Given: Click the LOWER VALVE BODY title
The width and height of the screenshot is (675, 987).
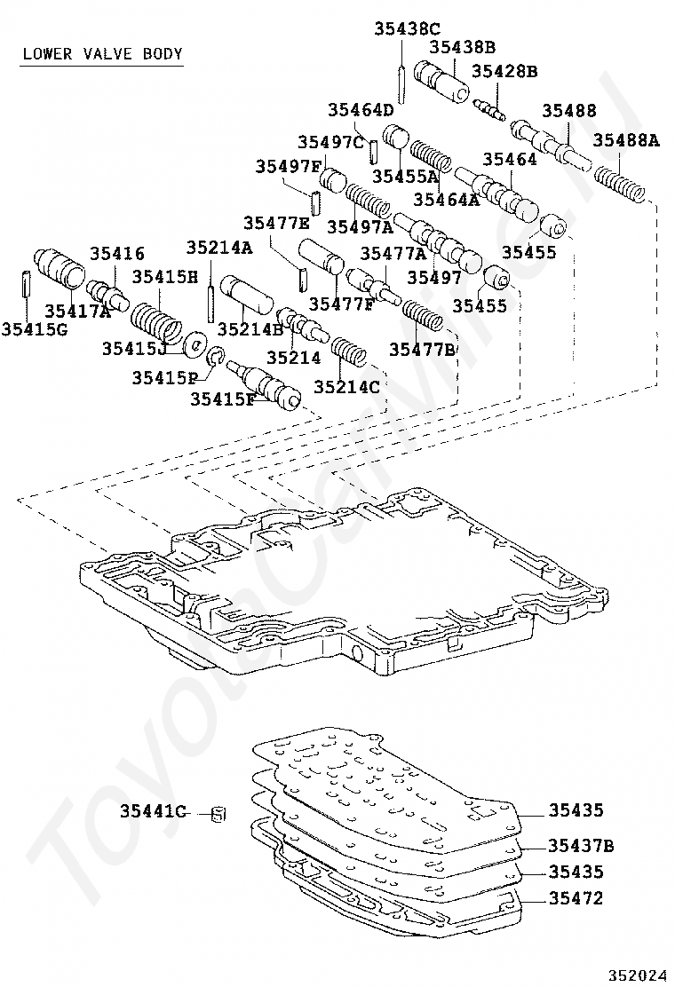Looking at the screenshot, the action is tap(103, 53).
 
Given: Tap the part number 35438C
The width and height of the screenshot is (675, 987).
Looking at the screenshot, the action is tap(407, 28).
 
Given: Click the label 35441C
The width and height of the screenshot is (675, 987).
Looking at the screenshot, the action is tap(154, 812).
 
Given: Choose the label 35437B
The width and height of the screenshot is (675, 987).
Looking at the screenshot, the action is tap(581, 845).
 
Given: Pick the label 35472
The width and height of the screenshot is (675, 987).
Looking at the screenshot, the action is tap(576, 897).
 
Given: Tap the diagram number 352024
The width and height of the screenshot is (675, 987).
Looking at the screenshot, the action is tap(637, 975).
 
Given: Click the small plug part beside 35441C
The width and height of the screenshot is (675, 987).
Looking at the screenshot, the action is tap(218, 814).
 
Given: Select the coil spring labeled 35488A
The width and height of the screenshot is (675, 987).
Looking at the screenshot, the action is tap(620, 182).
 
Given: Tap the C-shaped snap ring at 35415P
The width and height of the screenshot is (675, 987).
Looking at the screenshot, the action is tap(215, 355).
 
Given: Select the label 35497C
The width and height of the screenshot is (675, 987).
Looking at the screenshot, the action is tap(330, 142).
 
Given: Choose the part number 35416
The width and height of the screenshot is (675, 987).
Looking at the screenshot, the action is tap(117, 253).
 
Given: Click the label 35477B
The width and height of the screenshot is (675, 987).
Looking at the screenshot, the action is tap(422, 349).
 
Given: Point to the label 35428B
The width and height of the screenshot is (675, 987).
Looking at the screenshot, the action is tap(504, 70).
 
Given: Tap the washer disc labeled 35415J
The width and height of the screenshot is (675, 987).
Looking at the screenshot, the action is tap(195, 344).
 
